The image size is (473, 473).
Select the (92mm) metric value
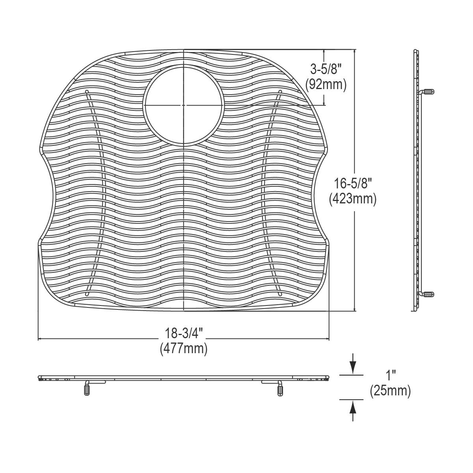tap(326, 84)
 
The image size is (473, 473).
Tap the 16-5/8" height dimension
tap(352, 184)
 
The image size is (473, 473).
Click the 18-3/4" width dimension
tap(183, 333)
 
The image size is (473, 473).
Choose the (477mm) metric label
tap(183, 348)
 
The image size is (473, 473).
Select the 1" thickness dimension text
tap(390, 375)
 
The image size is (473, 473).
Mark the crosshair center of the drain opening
tap(184, 105)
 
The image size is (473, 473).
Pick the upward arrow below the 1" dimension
tap(353, 410)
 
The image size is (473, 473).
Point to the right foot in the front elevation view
tap(280, 389)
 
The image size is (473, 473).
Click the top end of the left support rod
tap(87, 92)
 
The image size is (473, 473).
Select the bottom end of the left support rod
tap(87, 294)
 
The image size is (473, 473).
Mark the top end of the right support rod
tap(280, 92)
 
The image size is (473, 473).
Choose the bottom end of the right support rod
tap(280, 294)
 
